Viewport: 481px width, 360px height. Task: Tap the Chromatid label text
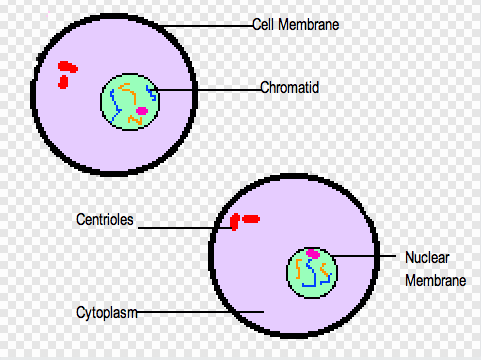(x=289, y=88)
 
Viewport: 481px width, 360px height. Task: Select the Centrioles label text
(x=104, y=217)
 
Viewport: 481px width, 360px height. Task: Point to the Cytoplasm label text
(x=106, y=312)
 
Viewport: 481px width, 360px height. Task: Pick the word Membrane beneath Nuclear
(x=436, y=281)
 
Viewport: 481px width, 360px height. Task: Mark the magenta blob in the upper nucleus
(x=141, y=111)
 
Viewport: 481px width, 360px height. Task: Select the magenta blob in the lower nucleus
(x=313, y=255)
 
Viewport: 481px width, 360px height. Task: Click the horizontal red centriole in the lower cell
(x=250, y=217)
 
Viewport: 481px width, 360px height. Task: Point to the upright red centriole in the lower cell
(x=234, y=222)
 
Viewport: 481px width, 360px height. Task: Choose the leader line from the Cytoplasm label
(x=200, y=312)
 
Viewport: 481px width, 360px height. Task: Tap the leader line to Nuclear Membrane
(x=365, y=259)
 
